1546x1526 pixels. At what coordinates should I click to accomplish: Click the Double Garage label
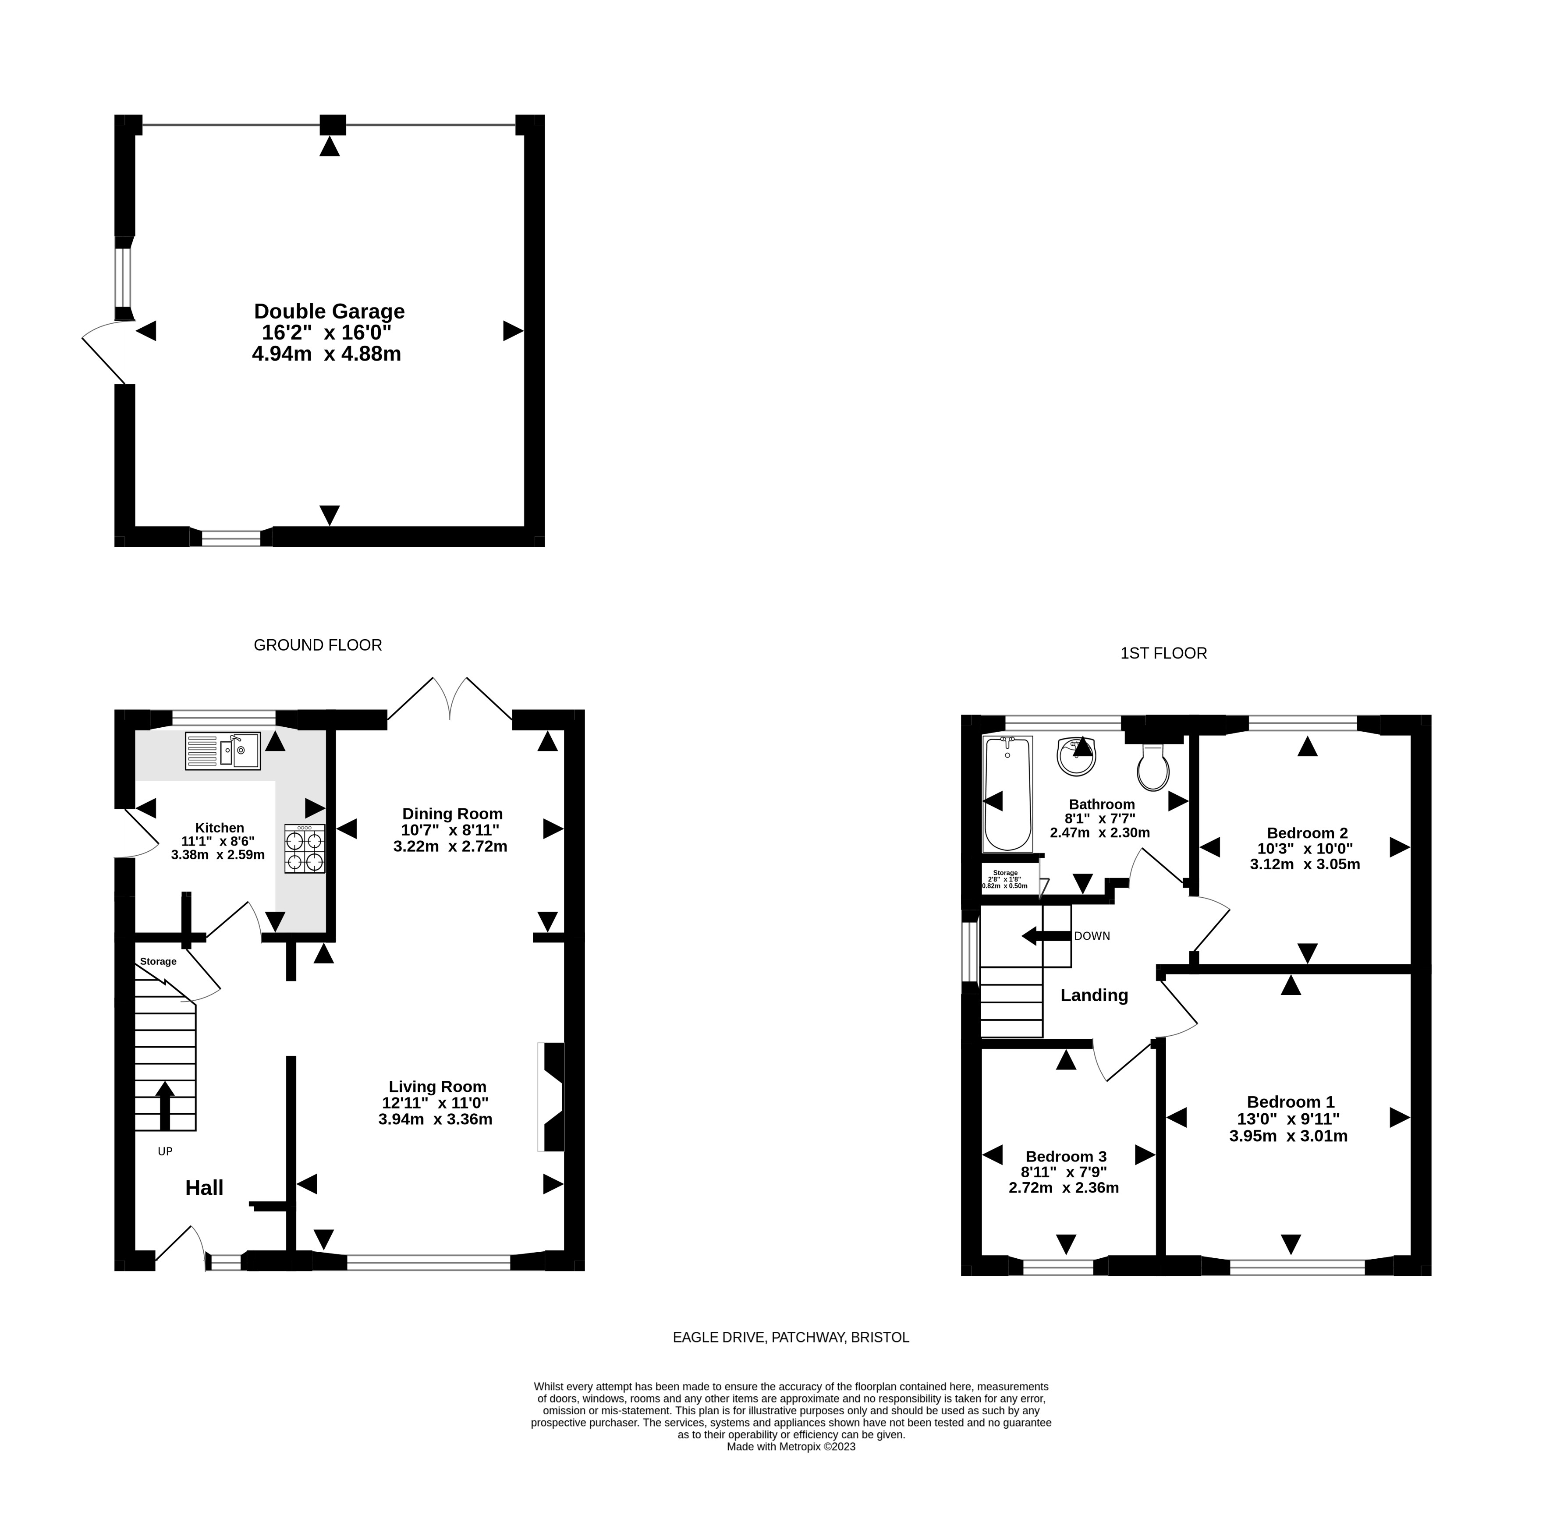point(329,311)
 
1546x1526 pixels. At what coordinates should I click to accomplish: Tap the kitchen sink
point(223,751)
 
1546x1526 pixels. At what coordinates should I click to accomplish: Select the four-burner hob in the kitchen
point(304,848)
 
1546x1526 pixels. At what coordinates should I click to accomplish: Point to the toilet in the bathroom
point(1153,767)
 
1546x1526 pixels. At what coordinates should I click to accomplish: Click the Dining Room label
point(452,814)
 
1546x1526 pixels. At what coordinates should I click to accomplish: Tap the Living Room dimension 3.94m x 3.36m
point(435,1119)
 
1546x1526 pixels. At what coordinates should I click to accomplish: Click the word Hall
point(204,1187)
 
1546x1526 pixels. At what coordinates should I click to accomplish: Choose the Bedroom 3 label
point(1066,1156)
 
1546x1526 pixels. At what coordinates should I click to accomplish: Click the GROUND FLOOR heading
point(318,645)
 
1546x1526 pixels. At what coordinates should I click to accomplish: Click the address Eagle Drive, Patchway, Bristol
point(791,1337)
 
